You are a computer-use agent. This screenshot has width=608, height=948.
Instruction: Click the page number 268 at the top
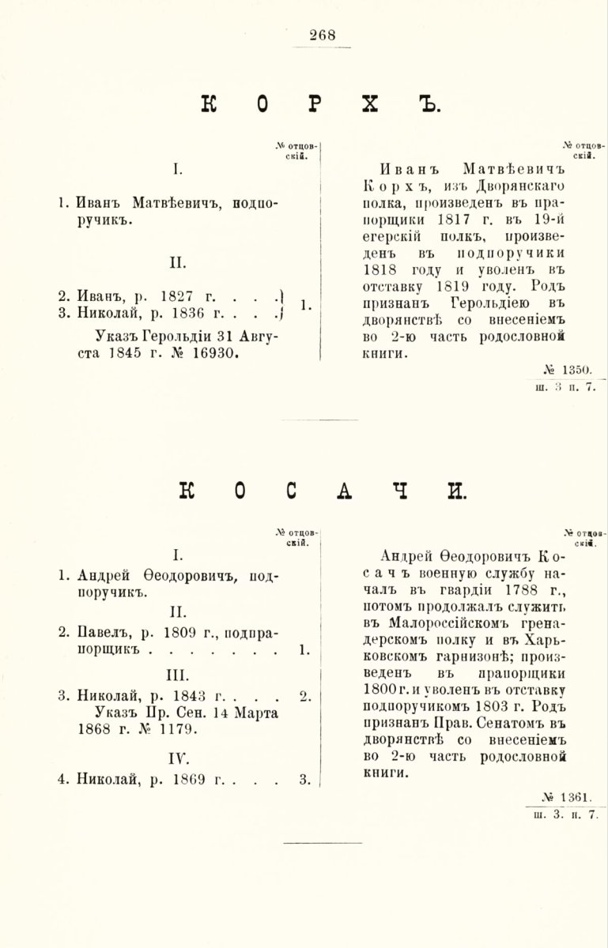[x=323, y=34]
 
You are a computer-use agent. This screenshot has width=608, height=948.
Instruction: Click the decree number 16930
[x=213, y=354]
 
